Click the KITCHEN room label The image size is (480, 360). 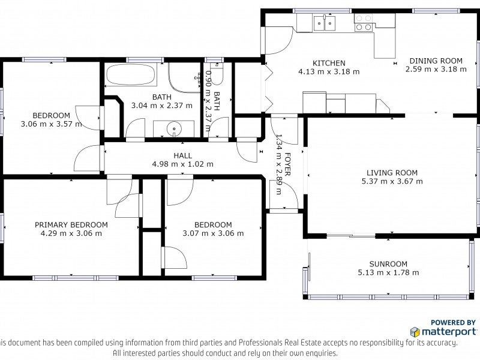329,63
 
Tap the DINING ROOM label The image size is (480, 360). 436,61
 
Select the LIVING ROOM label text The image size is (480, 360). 392,173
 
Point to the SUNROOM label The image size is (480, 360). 388,264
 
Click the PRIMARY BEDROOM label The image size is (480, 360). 71,224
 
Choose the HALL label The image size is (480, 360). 183,155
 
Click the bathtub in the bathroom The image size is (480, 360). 131,74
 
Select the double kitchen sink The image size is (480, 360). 325,23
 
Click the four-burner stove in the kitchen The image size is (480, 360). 364,23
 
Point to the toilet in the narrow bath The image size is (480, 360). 217,73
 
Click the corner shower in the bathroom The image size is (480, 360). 184,78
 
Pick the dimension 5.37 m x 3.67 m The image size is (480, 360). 392,181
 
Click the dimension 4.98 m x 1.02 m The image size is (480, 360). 183,164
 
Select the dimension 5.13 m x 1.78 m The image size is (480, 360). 388,272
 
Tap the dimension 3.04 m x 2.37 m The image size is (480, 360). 161,106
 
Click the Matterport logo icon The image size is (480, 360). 415,332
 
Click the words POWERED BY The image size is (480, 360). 453,322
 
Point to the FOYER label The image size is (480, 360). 287,164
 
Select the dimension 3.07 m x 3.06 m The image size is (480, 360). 213,233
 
